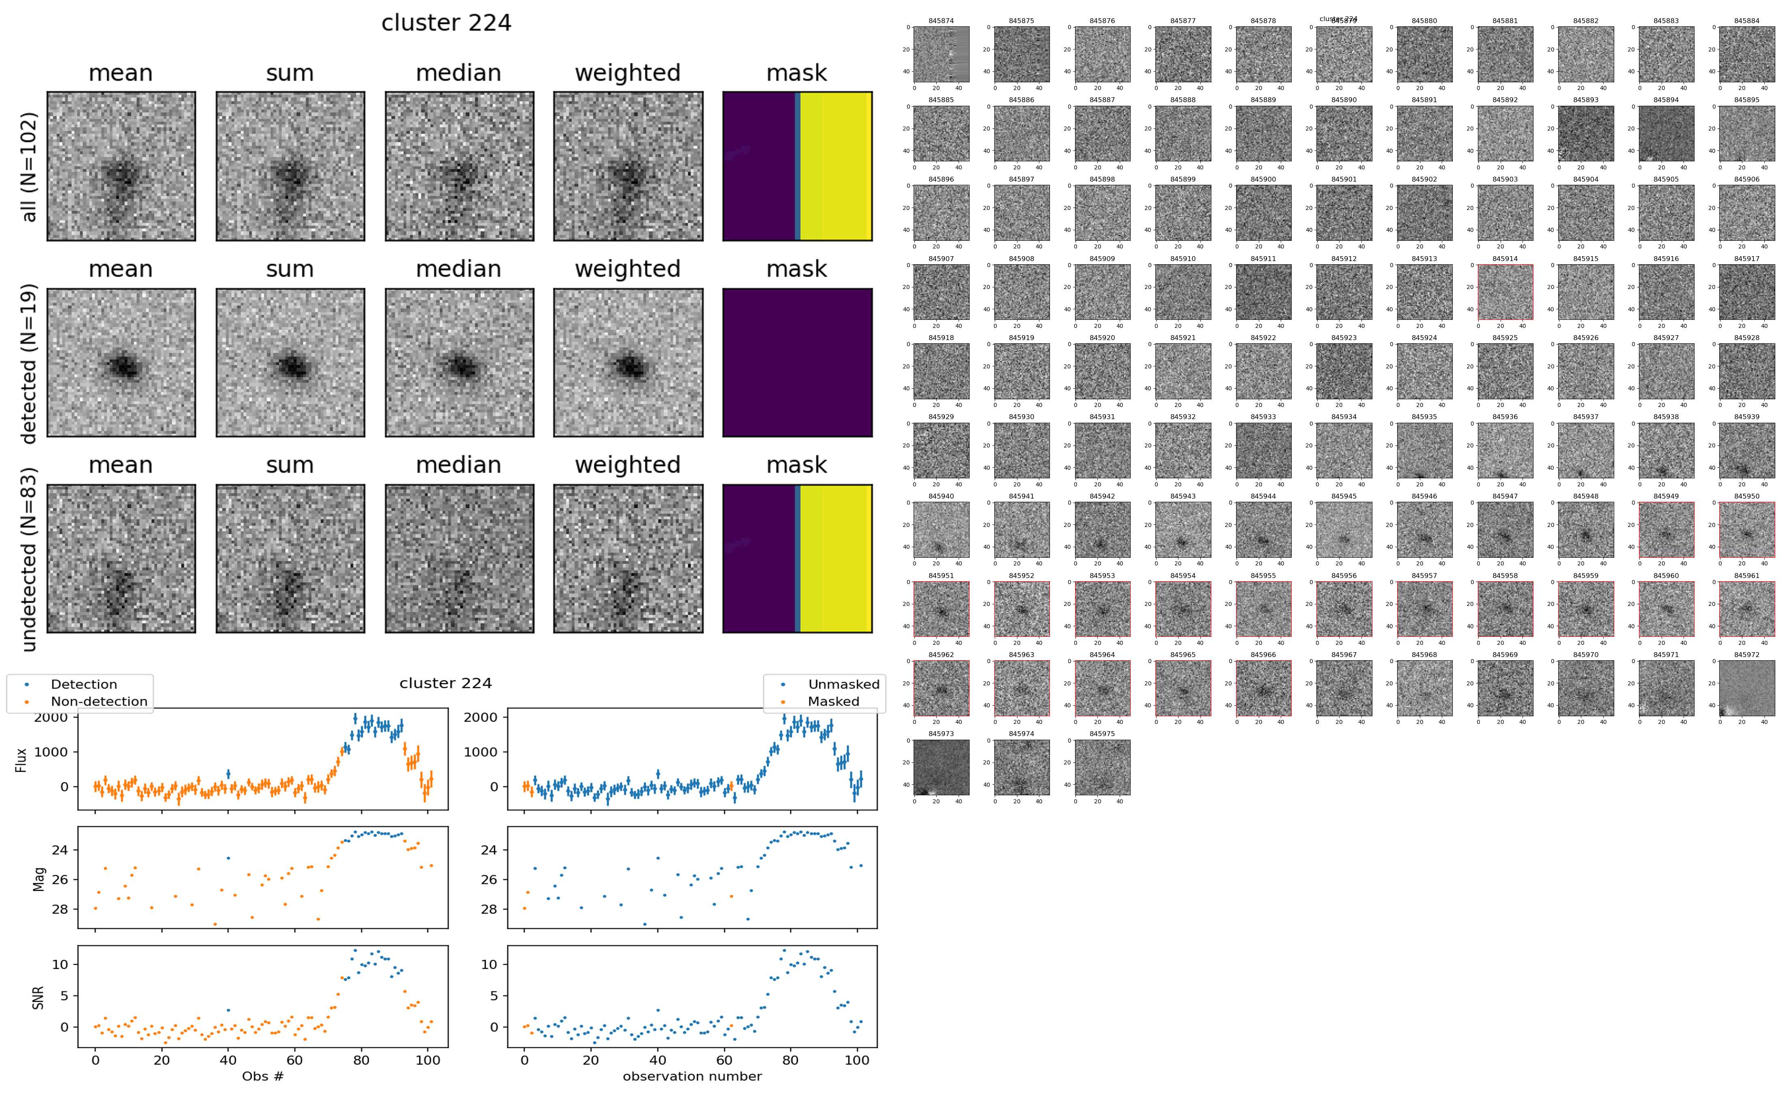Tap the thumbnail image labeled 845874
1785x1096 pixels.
tap(941, 54)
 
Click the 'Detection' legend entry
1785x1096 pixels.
tap(84, 684)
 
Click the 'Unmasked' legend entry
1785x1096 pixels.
tap(843, 684)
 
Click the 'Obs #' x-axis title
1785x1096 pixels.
tap(262, 1077)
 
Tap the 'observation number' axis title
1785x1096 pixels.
tap(692, 1077)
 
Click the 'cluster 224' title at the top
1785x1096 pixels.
tap(446, 23)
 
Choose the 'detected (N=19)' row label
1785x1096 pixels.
tap(29, 362)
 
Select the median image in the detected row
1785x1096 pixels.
tap(459, 362)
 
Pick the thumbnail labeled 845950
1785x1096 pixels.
tap(1746, 529)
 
